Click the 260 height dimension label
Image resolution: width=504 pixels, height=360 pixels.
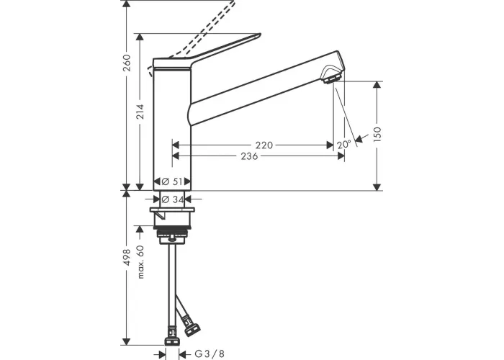tap(127, 63)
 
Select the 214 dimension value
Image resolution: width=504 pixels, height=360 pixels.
tap(140, 112)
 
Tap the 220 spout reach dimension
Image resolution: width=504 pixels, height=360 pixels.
tap(264, 145)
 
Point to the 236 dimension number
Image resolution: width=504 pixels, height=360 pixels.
tap(249, 156)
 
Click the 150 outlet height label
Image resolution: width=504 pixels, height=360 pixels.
tap(377, 134)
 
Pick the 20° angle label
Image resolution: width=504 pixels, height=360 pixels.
tap(344, 145)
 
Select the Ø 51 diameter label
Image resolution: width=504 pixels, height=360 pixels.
tap(172, 181)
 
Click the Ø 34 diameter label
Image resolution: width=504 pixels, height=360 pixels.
tap(172, 199)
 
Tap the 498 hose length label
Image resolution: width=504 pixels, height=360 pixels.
tap(127, 257)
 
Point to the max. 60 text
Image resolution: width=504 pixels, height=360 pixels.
tap(140, 261)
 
